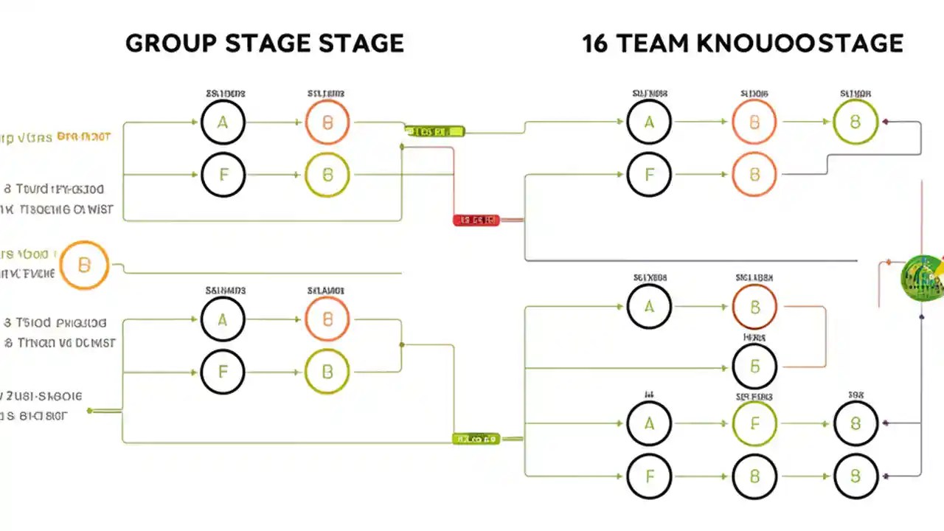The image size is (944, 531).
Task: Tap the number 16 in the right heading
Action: tap(594, 43)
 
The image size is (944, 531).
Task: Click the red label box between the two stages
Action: tap(476, 220)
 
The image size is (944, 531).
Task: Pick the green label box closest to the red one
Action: tap(435, 131)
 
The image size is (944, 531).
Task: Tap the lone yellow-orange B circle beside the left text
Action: tap(84, 265)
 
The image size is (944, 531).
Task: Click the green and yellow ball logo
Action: tap(922, 278)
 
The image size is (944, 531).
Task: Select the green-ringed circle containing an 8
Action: tap(855, 122)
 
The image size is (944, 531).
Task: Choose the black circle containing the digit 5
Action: tap(754, 366)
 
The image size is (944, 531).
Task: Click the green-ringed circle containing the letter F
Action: tap(754, 424)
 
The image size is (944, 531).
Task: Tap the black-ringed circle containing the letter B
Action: tap(754, 476)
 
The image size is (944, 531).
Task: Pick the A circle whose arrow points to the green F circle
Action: tap(649, 424)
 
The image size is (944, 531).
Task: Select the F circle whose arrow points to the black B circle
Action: tap(649, 476)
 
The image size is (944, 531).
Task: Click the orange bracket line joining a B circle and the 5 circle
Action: tap(825, 336)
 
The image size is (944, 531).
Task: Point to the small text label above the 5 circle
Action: tap(754, 338)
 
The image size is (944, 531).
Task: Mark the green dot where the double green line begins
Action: tap(90, 410)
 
